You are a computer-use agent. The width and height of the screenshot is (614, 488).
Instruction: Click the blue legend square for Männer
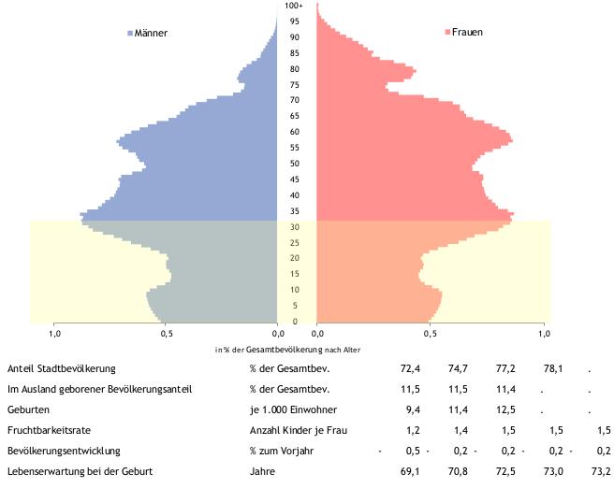[130, 34]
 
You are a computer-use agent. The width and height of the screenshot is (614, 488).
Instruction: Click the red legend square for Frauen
[447, 32]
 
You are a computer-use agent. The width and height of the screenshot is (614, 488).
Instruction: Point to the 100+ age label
[294, 6]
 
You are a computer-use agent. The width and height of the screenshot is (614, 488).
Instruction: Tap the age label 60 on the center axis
[295, 132]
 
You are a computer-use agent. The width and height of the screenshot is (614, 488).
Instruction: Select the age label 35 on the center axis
[295, 211]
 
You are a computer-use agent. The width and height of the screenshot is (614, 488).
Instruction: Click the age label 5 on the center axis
[295, 306]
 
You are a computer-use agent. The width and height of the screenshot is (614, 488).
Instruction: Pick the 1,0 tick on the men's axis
[54, 334]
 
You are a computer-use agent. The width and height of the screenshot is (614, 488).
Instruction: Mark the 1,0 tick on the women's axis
[544, 334]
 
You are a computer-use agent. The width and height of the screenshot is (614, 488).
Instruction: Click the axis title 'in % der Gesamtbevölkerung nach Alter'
[287, 350]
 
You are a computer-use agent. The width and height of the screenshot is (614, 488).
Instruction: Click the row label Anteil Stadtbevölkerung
[62, 368]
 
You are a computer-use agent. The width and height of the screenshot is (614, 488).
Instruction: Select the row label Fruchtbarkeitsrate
[49, 430]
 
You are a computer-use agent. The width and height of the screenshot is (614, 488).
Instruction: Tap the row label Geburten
[28, 409]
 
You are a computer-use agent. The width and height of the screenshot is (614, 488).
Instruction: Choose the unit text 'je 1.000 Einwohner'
[293, 409]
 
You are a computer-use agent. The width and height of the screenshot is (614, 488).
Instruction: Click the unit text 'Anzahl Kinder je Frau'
[299, 430]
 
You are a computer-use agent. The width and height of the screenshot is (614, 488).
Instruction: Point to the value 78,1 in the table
[553, 368]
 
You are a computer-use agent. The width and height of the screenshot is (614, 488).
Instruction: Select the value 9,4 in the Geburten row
[413, 409]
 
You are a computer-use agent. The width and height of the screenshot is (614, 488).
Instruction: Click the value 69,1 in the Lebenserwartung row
[410, 471]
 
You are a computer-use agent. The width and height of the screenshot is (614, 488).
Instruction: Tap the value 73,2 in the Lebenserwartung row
[601, 471]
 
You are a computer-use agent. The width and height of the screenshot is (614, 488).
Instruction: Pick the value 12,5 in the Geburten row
[505, 409]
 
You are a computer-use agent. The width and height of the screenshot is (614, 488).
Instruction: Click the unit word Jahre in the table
[262, 471]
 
